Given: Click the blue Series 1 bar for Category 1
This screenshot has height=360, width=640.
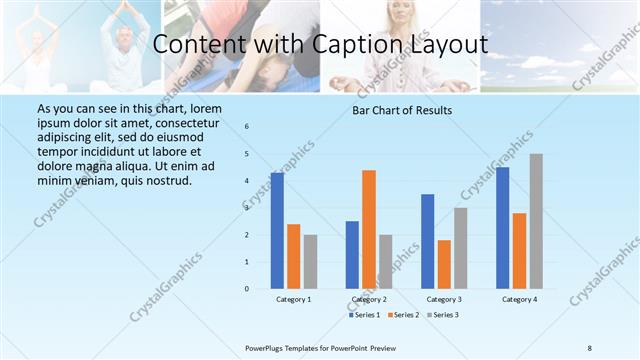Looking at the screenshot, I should tap(277, 231).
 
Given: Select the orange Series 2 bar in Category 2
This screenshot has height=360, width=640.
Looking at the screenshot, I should tap(369, 229).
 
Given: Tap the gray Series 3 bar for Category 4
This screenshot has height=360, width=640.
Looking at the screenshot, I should tap(536, 221).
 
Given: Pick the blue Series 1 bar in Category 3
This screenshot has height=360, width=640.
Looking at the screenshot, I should tap(428, 241).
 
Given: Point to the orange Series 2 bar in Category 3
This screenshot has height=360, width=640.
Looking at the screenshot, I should tap(444, 264).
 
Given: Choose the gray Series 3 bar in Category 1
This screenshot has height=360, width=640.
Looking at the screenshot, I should tap(310, 261).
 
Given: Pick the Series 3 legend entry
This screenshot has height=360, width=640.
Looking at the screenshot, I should tap(443, 315).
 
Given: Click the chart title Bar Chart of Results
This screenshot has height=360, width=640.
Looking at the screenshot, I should tap(402, 110).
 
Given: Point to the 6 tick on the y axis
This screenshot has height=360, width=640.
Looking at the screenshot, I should tap(247, 127).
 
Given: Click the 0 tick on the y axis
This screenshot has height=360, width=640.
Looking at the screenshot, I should tap(247, 289).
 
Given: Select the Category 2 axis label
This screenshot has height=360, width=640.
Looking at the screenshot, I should tap(369, 299).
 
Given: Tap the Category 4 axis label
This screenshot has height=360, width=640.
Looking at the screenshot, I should tap(519, 299).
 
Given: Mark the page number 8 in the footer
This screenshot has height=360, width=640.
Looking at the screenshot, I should tap(590, 348).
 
